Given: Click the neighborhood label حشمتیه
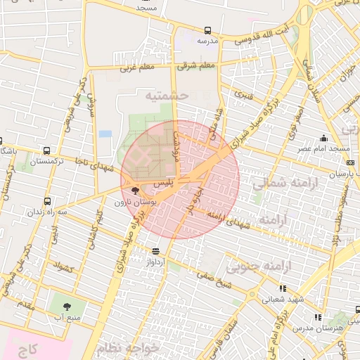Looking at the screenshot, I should (167, 94).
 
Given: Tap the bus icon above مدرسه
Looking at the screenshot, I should (207, 30).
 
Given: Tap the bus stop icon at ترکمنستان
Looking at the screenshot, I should (46, 151).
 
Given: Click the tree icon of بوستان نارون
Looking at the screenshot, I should (135, 191).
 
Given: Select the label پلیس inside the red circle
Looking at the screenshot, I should (162, 183).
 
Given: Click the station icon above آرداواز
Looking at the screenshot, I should (155, 250).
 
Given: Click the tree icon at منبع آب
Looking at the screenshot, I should (67, 307).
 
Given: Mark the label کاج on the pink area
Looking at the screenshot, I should (29, 349).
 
